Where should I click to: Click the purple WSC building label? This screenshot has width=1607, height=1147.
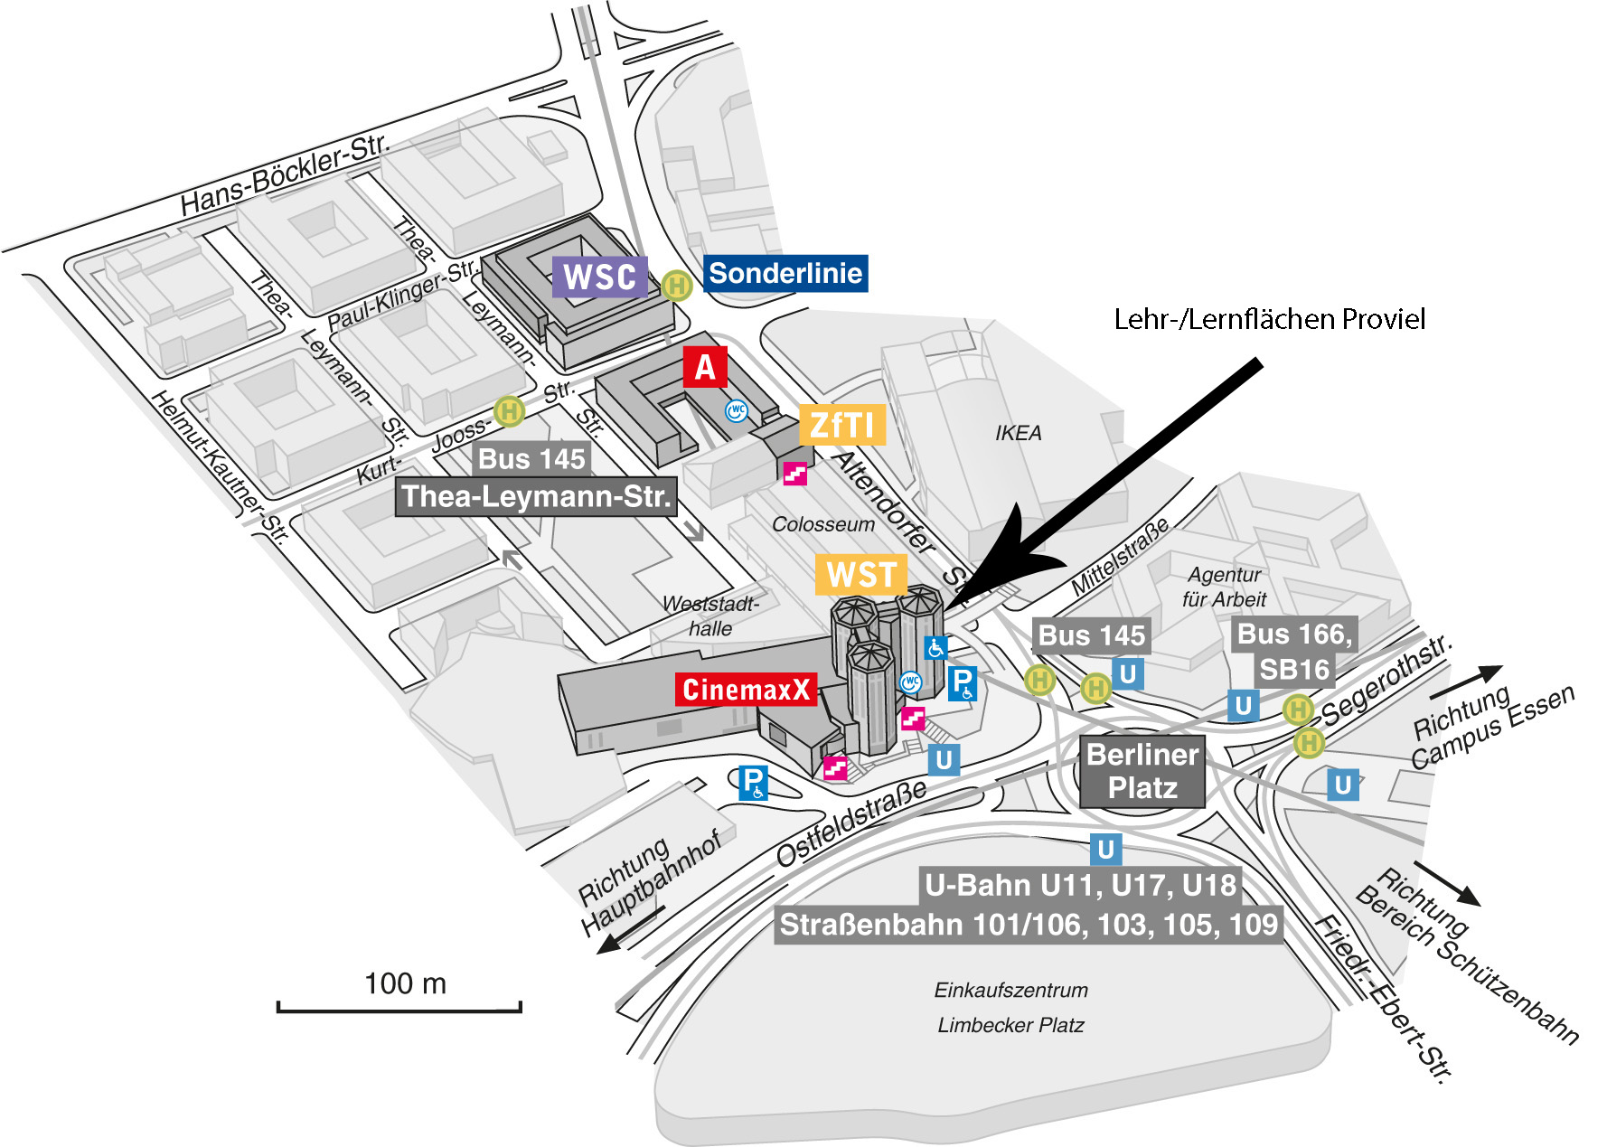point(600,277)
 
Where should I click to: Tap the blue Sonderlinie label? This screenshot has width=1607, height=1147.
point(785,273)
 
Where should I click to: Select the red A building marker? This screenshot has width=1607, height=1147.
point(705,367)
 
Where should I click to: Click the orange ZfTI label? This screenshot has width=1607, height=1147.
point(841,425)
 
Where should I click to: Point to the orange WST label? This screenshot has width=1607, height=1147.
point(860,575)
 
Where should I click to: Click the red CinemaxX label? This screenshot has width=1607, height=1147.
point(747,690)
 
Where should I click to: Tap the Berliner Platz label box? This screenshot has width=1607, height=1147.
point(1142,771)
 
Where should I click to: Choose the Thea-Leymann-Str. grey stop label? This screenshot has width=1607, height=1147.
point(536,496)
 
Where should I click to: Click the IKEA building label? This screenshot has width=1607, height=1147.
point(1019,433)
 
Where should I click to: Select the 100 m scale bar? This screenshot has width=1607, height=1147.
point(399,1006)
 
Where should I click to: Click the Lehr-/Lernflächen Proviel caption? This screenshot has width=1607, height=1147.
point(1269,319)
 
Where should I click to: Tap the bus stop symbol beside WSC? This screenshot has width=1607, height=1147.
point(676,286)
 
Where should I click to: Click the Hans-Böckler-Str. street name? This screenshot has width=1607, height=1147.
point(284,174)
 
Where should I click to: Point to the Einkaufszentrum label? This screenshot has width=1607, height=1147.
point(1010,991)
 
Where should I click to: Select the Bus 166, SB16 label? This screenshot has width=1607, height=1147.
point(1294,652)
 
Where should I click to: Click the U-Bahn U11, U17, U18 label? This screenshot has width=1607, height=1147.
point(1080,885)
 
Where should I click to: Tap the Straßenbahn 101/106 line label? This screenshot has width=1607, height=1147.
point(1029,925)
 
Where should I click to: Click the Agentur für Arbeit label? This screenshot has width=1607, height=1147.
point(1224,587)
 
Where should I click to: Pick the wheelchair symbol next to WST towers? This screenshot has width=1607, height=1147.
point(935,647)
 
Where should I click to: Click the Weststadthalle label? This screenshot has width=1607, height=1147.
point(710,616)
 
